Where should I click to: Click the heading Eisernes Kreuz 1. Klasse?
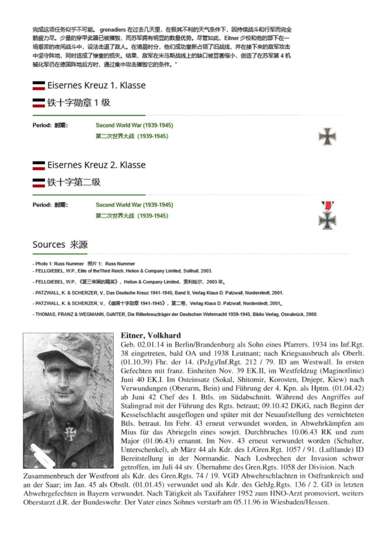point(96,85)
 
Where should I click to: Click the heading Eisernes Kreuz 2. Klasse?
point(96,165)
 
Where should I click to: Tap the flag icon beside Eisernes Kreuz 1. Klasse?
point(39,86)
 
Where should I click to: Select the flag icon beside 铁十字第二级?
point(39,182)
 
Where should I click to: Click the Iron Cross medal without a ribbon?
point(327,136)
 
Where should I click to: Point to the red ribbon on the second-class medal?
point(327,206)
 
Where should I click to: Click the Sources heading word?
point(49,245)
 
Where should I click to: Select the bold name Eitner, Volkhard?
point(151,335)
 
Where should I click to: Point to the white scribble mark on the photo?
point(43,455)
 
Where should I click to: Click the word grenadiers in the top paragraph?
point(113,30)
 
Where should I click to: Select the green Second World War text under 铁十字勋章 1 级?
point(134,125)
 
